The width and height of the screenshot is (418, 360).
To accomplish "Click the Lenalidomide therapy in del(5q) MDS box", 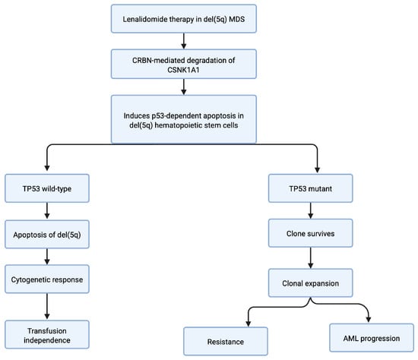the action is (184, 19).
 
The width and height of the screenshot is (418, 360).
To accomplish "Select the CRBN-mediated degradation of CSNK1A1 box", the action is (184, 64).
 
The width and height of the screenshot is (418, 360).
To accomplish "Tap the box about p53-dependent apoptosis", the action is (184, 119).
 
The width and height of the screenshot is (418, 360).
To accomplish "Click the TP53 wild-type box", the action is (47, 188).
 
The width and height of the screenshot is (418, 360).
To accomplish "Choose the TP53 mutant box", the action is (311, 188).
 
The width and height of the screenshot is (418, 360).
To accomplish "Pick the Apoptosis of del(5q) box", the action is (47, 235).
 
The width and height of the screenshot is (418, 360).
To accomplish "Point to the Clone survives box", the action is (311, 233).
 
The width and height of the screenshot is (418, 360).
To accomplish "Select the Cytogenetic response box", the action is (47, 279).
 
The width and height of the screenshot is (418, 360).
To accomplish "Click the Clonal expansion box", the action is (311, 283).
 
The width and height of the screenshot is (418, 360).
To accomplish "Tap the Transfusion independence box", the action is (47, 335).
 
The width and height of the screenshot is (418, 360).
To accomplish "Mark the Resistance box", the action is (226, 341).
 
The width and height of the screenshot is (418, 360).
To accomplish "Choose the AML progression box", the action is (372, 338).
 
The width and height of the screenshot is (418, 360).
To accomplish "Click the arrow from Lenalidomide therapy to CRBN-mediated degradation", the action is (184, 41).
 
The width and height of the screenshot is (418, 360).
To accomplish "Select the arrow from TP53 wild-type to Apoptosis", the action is (47, 211).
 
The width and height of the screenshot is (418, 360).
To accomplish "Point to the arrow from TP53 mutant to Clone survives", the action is (311, 210).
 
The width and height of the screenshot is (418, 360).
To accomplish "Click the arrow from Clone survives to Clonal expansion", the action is (311, 258).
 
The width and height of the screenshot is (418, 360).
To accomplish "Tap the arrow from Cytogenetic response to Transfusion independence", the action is (47, 306).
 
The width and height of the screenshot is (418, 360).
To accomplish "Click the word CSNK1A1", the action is (183, 70).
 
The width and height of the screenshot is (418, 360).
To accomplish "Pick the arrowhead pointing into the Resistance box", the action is (249, 324).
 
